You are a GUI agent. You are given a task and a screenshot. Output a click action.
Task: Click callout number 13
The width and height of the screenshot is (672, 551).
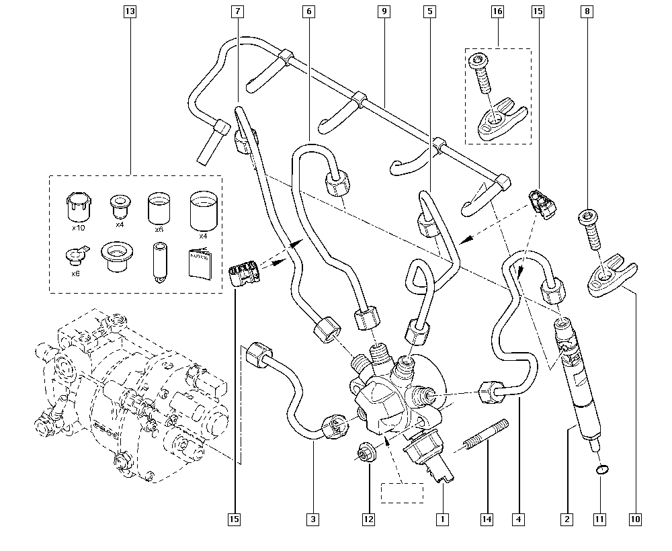point(130,11)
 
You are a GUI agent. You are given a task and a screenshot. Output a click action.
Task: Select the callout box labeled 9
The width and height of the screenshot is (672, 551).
point(384,11)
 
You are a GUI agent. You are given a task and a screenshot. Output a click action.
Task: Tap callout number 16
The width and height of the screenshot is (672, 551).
point(497,11)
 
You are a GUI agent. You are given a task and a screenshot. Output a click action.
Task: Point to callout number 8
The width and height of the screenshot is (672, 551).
point(588,11)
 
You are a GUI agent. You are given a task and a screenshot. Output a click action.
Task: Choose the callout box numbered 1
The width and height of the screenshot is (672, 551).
point(442,519)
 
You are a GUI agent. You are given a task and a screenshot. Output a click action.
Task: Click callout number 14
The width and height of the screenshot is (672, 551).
point(487,519)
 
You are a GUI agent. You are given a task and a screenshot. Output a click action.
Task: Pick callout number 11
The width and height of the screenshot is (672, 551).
point(600,519)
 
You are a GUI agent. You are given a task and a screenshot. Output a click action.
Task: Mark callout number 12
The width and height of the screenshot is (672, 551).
point(368,519)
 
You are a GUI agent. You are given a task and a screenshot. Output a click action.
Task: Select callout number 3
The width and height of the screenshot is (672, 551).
point(312,519)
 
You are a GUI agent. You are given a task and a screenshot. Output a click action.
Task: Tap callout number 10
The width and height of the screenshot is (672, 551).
point(636,519)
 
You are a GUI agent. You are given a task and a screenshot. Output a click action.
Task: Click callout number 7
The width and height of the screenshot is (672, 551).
point(238,11)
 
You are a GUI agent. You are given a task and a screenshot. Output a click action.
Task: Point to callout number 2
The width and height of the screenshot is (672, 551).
point(568,519)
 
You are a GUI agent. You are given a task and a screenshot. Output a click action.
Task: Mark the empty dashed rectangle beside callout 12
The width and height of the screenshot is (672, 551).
point(402,492)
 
